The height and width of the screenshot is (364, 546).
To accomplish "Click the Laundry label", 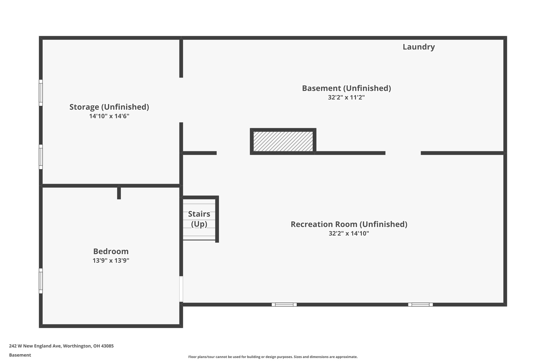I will click(x=419, y=47).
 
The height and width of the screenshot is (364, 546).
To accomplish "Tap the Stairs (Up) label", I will click(x=199, y=219).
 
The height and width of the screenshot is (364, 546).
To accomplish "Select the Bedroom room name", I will click(x=111, y=251).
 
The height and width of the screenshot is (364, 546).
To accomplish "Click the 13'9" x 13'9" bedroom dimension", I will click(x=111, y=261).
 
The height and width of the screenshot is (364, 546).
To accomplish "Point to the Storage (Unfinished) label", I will click(x=109, y=107).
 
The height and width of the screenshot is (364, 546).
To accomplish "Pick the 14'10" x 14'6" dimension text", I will click(x=109, y=116).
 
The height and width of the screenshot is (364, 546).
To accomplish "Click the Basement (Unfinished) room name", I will click(x=346, y=88).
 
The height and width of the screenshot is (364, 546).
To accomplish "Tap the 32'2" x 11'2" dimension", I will click(x=346, y=97).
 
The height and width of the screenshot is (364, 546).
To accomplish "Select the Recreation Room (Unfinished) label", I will click(x=349, y=224).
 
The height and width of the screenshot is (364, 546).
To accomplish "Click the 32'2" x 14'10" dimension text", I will click(x=349, y=234).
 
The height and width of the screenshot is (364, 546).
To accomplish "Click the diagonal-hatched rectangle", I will click(x=283, y=141).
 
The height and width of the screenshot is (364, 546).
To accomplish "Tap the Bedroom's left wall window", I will click(x=41, y=281).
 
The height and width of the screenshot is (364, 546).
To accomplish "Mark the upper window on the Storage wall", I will click(x=41, y=93).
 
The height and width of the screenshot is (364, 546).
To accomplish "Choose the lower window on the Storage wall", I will click(x=41, y=157).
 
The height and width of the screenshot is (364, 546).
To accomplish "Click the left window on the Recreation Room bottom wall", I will click(x=284, y=305).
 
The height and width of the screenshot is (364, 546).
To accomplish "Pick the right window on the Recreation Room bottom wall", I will click(x=420, y=305).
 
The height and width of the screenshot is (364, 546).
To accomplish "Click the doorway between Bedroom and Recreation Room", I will click(x=181, y=289).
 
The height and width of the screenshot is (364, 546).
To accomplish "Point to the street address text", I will click(x=61, y=346).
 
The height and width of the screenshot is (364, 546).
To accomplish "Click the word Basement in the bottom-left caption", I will click(x=20, y=355).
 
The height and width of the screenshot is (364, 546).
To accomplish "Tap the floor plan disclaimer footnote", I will click(x=273, y=357).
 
